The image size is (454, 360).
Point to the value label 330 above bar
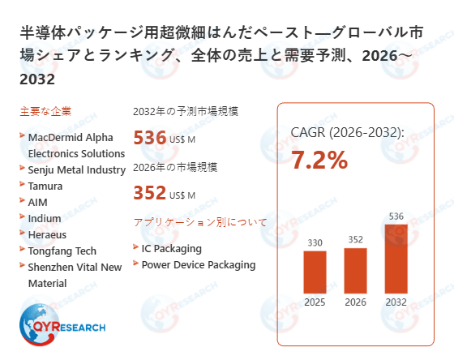coord(315,242)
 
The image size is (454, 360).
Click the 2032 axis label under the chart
coord(396,302)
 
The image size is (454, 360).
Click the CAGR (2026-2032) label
coord(347,132)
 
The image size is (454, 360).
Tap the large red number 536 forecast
coord(150,138)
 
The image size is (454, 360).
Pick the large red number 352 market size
coord(150,193)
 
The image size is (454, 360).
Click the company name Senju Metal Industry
coord(77,169)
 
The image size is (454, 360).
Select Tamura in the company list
coord(46,186)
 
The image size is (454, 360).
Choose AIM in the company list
coord(39,202)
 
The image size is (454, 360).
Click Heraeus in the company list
coord(47,234)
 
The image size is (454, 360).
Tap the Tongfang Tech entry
coord(62,251)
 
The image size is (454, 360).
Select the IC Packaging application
coord(171,248)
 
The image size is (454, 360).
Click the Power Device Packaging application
coord(199,264)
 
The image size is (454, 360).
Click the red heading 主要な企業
coord(45,111)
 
